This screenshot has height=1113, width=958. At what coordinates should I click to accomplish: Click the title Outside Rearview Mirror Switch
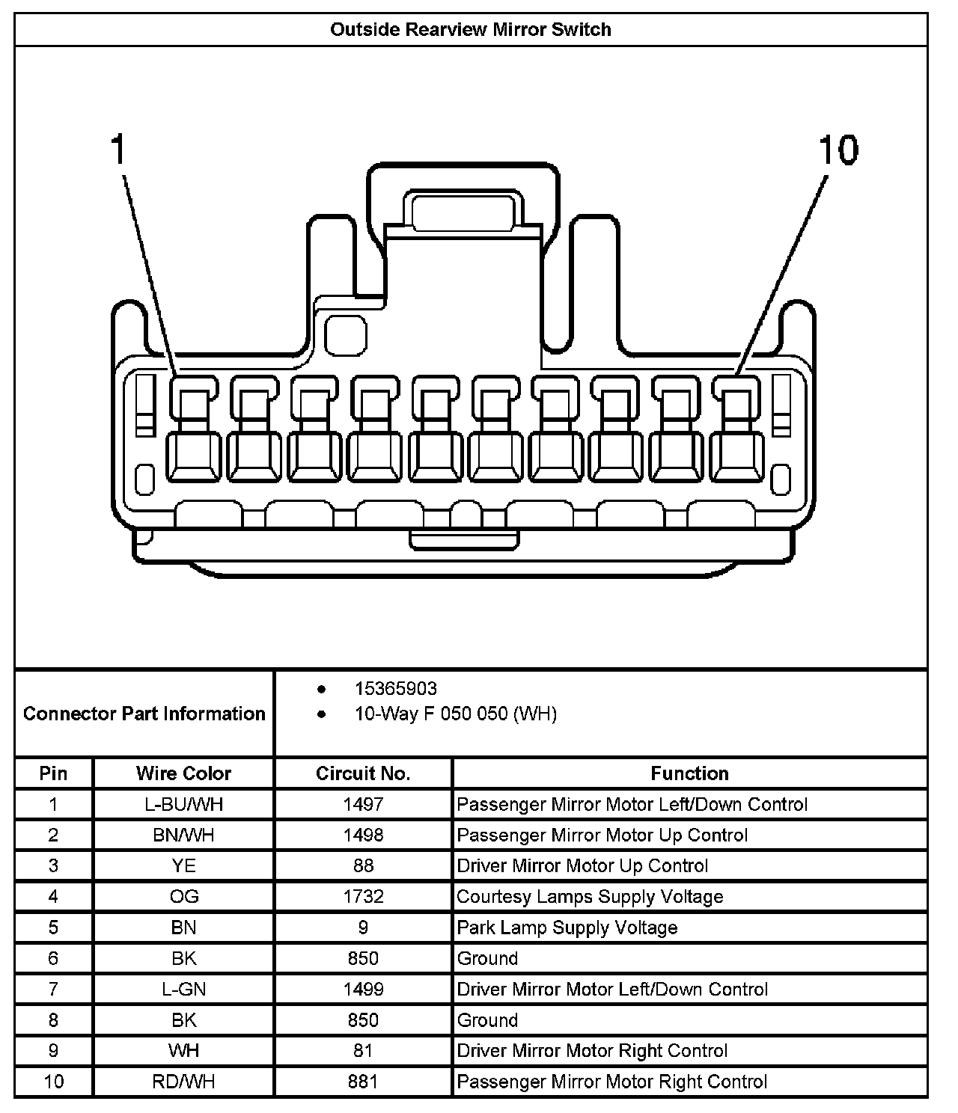(471, 30)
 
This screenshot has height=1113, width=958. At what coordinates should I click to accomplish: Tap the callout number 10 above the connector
(838, 150)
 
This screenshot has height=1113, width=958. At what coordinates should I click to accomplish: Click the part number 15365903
(395, 688)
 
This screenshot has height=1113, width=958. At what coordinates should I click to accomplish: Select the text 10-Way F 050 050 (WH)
(455, 714)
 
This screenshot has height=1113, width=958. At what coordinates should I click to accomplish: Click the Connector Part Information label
(144, 714)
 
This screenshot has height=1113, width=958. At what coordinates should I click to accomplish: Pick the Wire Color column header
(183, 773)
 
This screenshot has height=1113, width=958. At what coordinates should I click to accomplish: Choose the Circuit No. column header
(363, 773)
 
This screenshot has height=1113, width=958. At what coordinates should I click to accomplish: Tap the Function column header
(689, 773)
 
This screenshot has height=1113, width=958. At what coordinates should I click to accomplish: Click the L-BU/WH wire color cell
(183, 805)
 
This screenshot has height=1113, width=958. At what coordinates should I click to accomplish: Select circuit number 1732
(363, 897)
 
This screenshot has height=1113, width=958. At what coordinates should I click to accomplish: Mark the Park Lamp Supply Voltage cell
(567, 928)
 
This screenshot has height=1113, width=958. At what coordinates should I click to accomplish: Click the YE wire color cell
(183, 866)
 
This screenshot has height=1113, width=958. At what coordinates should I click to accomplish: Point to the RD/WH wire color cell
(183, 1082)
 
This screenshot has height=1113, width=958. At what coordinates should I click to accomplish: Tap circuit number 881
(363, 1082)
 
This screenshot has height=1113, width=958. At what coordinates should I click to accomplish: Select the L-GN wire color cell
(183, 990)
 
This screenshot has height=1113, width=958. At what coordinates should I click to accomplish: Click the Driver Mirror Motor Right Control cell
(592, 1051)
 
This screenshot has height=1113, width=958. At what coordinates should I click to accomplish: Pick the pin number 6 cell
(53, 959)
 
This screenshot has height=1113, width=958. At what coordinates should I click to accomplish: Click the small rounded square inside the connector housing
(347, 335)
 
